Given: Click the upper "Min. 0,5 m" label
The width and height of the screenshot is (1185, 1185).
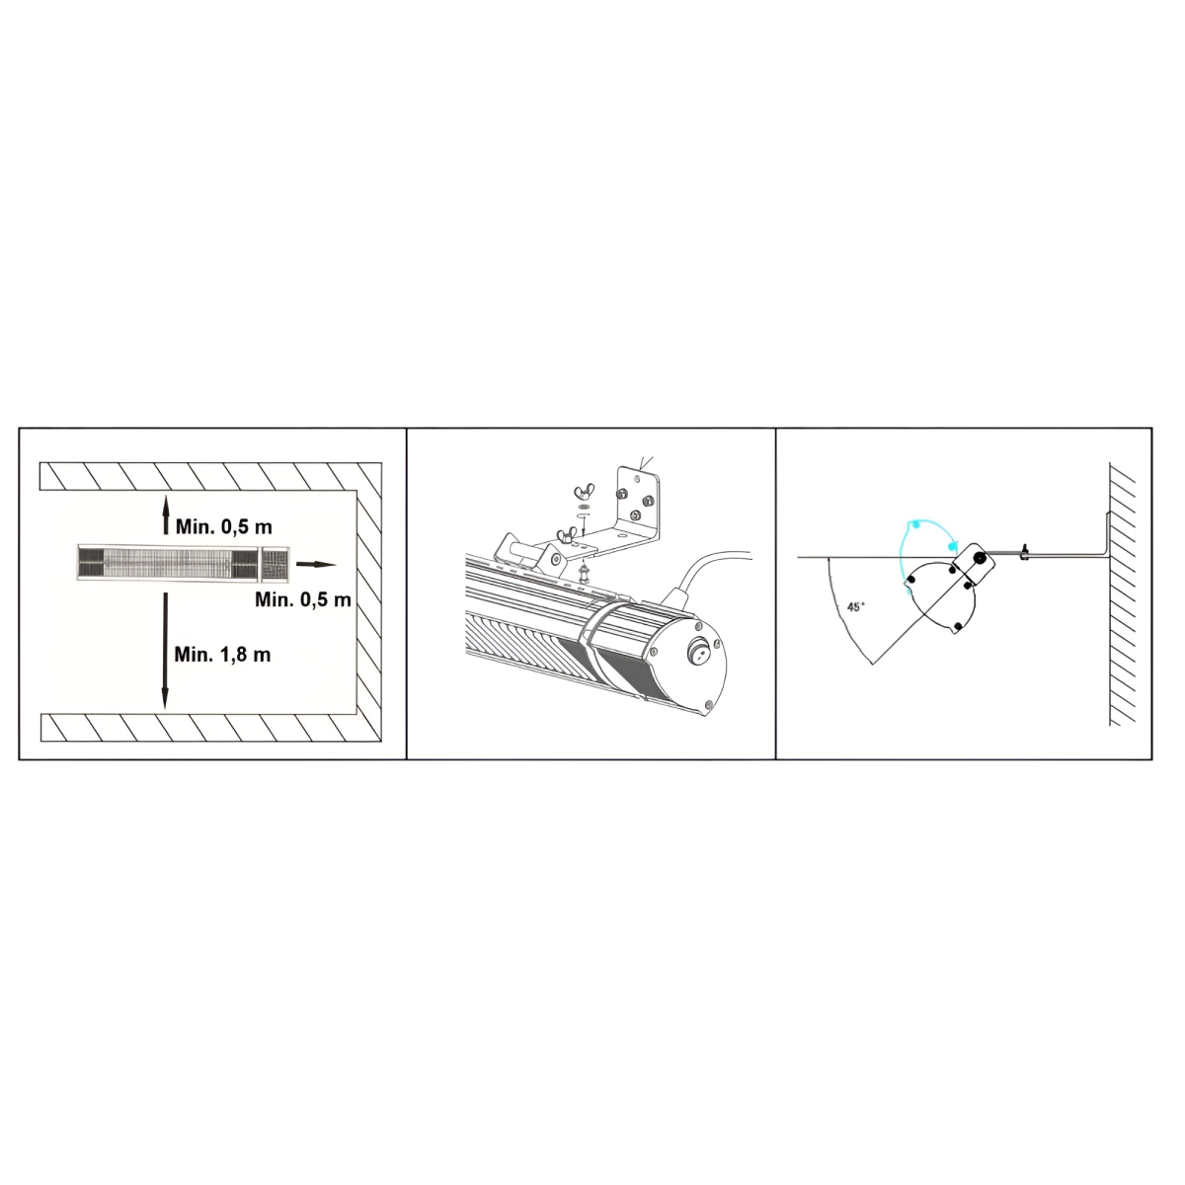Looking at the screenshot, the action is [224, 527].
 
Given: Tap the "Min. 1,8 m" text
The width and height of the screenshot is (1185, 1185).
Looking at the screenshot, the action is [222, 655].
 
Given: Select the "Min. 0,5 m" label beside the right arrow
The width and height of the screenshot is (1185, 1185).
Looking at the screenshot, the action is [303, 599].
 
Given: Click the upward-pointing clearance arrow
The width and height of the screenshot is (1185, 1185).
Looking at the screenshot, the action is [165, 515].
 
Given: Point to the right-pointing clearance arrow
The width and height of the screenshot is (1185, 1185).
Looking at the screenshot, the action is [317, 565].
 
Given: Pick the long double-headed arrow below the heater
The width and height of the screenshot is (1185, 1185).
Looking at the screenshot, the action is [165, 651].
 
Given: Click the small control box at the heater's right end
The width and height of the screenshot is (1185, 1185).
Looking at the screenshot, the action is [275, 563].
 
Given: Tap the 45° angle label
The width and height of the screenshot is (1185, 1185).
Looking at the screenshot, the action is [856, 607].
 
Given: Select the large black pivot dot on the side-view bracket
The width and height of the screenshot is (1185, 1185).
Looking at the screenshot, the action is [978, 558].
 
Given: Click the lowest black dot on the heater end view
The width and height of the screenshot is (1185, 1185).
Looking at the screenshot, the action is [958, 627].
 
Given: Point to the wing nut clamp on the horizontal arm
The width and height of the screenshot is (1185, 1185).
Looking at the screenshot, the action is [1024, 552].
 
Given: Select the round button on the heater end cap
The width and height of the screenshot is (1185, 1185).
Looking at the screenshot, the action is [698, 651].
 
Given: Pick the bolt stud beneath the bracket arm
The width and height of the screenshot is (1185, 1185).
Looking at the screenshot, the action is [584, 576].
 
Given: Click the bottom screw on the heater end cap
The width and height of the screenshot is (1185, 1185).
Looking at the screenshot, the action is [708, 704].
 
